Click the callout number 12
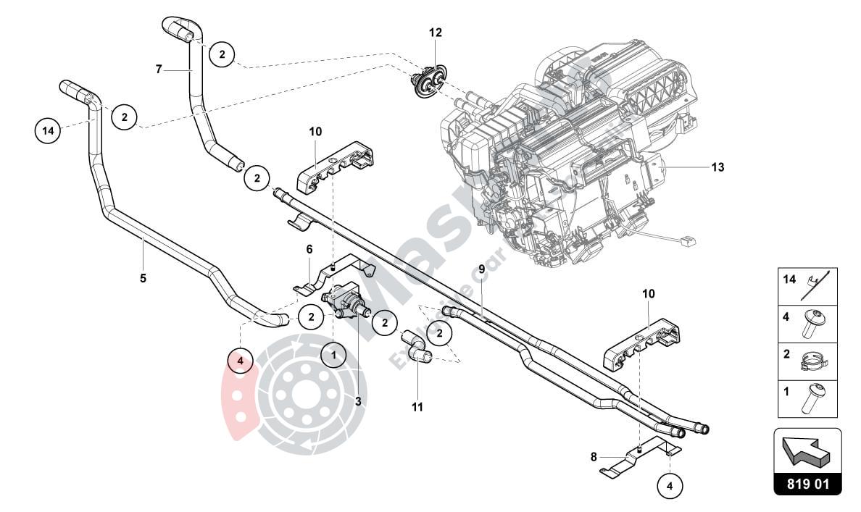tap(435, 33)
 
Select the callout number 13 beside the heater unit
tap(717, 167)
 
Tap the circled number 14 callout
tap(48, 131)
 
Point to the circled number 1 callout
tap(333, 355)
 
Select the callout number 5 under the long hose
tap(143, 277)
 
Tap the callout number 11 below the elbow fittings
tap(417, 407)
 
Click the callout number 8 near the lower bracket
tap(594, 457)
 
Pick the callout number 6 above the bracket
tap(309, 249)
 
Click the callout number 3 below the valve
tap(358, 400)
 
